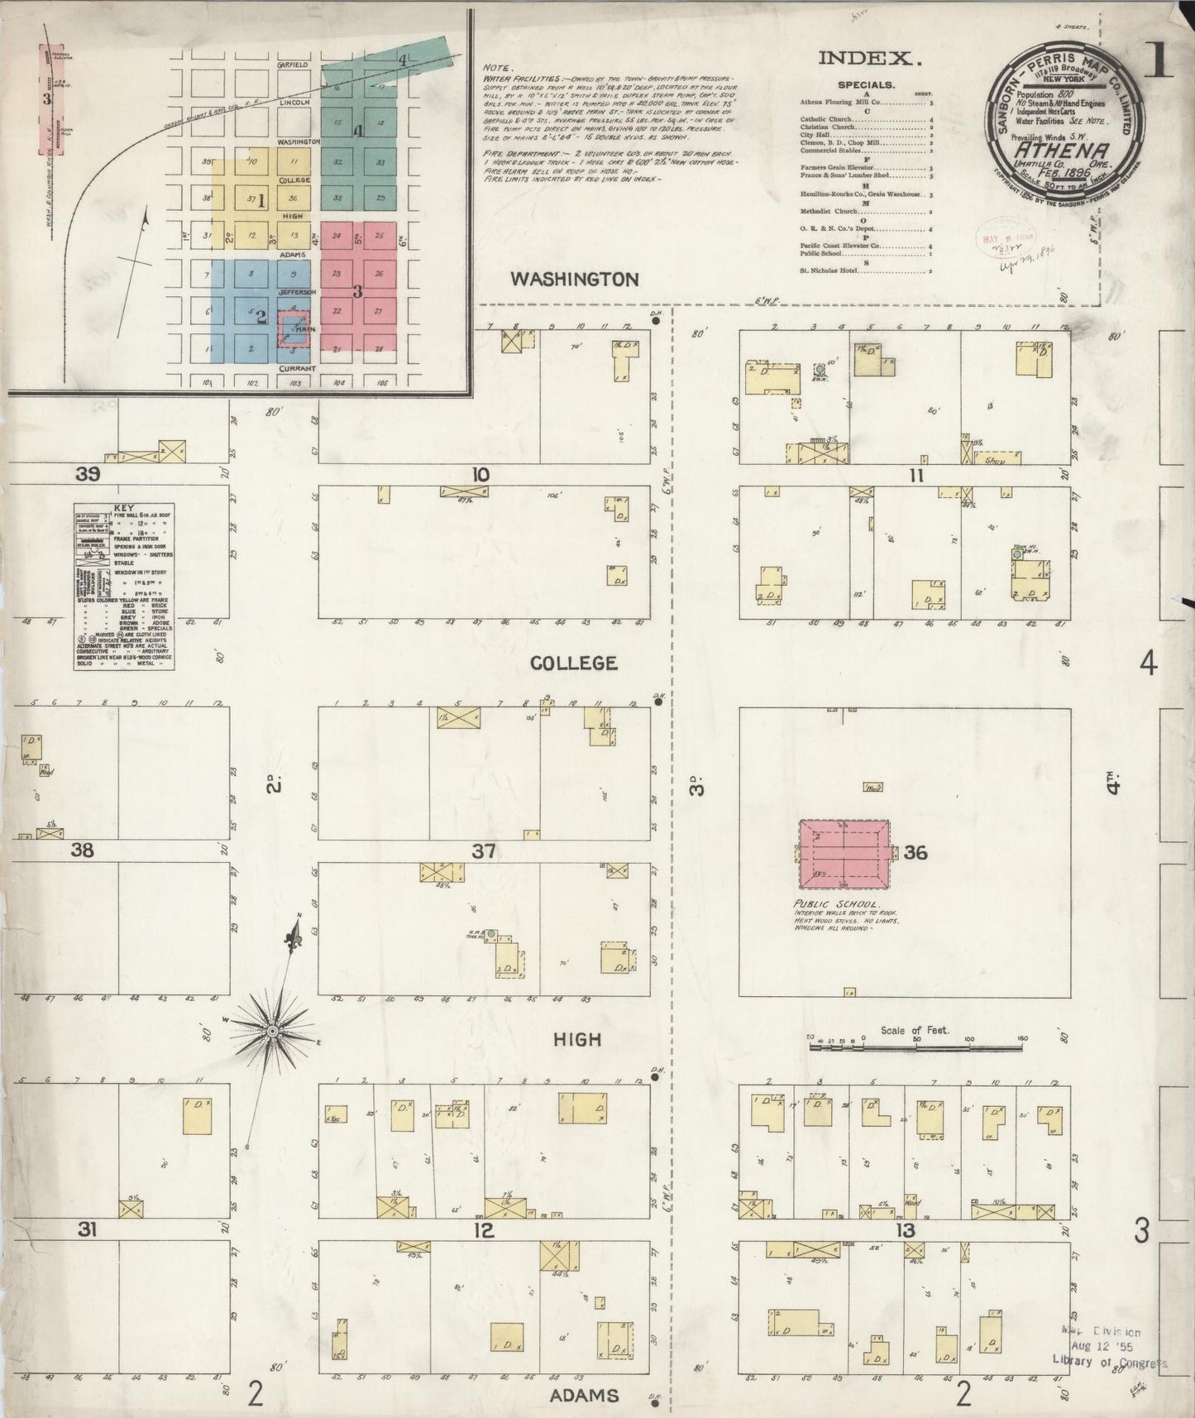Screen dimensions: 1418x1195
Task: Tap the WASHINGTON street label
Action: (574, 279)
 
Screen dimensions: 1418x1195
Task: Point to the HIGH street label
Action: (577, 1039)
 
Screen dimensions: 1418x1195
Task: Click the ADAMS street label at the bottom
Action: (583, 1396)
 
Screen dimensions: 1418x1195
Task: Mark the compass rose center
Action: (272, 1031)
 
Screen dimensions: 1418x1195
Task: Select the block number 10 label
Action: (480, 475)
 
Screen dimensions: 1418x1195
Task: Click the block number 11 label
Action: (915, 476)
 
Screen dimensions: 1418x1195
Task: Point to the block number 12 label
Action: (484, 1230)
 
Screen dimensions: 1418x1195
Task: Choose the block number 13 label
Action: (906, 1230)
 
